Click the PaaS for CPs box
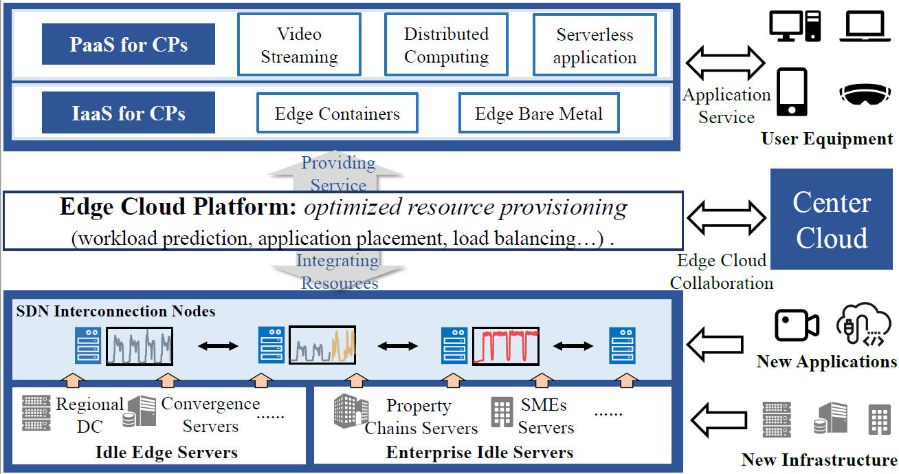tap(129, 45)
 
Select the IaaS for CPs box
tap(129, 113)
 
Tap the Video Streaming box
tap(299, 45)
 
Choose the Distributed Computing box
tap(446, 45)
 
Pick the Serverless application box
tap(595, 45)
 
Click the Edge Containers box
tap(337, 114)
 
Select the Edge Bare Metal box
tap(538, 114)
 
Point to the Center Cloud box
tap(832, 220)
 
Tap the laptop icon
tap(865, 27)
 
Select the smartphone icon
tap(792, 92)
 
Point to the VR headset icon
tap(865, 95)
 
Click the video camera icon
tap(797, 325)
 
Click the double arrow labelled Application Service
tap(726, 64)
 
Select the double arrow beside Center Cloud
tap(726, 219)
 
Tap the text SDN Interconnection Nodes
tap(115, 312)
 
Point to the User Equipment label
tap(827, 139)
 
